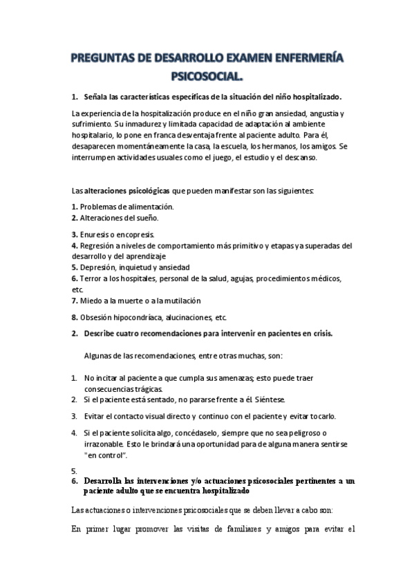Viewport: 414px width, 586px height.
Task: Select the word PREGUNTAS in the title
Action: pos(108,57)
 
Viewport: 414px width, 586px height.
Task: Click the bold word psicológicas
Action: pos(144,190)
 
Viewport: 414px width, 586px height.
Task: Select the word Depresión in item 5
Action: pos(99,267)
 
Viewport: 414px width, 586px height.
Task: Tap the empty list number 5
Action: pos(74,470)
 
